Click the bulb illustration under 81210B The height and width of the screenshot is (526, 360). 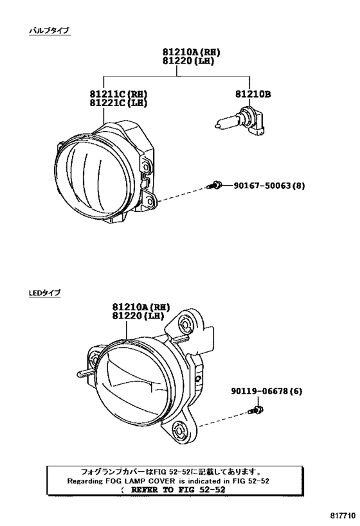(239, 121)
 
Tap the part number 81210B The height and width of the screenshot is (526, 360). (253, 94)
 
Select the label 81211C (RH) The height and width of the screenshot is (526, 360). (118, 94)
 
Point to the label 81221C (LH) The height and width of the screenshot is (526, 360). (118, 103)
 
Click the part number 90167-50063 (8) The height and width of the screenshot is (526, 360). (269, 185)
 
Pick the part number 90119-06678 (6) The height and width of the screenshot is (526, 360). (266, 391)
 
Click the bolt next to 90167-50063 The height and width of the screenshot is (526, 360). (214, 185)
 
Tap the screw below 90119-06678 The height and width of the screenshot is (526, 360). (256, 410)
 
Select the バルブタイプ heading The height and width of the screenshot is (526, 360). (50, 31)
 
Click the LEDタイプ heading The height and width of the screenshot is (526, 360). (44, 293)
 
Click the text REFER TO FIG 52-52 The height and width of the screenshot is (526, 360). (178, 489)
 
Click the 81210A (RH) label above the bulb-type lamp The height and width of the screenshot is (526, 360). (192, 52)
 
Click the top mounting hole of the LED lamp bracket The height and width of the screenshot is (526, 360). (185, 323)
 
